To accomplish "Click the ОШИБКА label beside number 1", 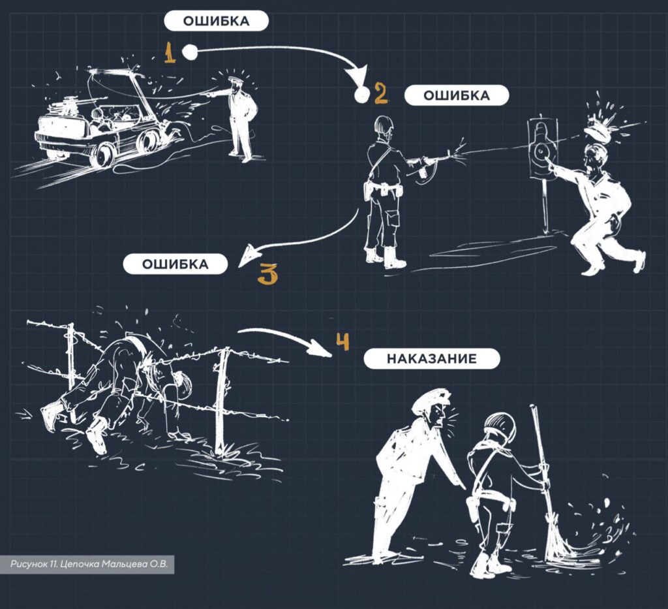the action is (x=217, y=22).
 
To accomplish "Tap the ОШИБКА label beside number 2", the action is (x=456, y=95).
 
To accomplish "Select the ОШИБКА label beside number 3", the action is (x=175, y=264).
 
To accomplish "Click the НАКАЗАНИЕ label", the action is (x=432, y=358).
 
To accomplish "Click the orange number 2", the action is (x=380, y=94).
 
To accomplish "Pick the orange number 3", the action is (x=267, y=274).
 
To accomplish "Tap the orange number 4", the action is (x=342, y=341).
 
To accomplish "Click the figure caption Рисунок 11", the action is (x=87, y=564).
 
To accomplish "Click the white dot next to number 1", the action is (x=189, y=52).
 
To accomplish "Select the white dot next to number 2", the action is (x=361, y=95).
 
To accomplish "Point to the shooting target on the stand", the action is (x=541, y=150).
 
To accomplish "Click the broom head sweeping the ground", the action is (x=554, y=541).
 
